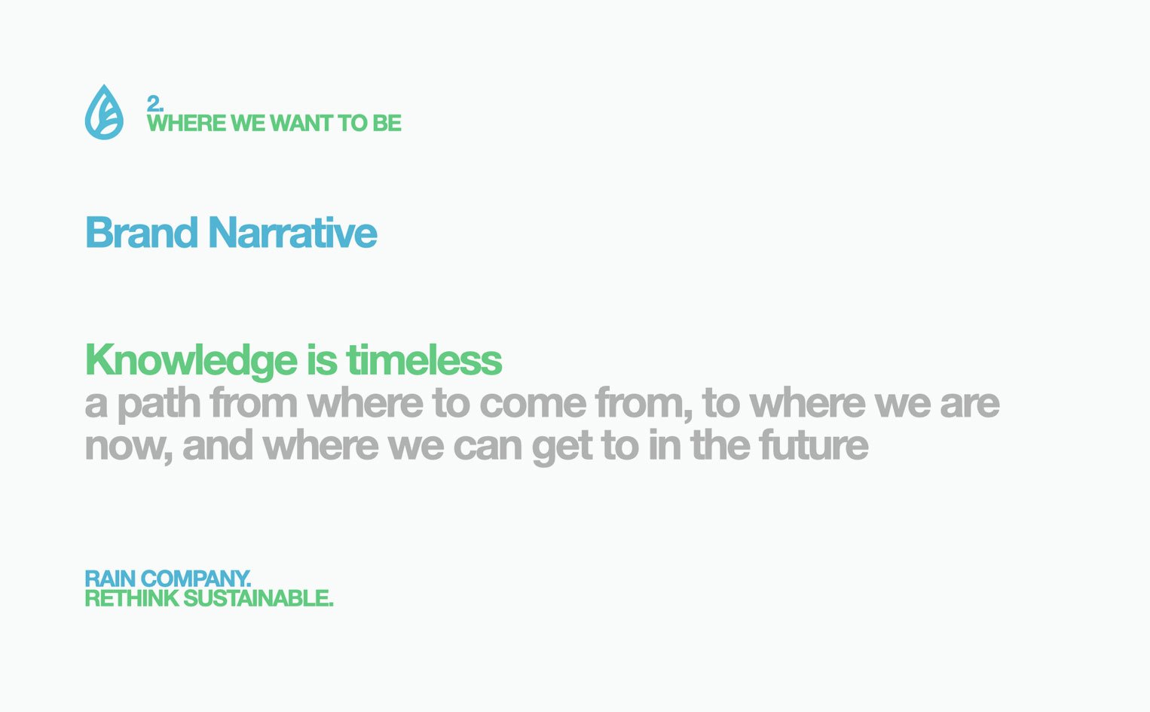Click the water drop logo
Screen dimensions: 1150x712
point(104,112)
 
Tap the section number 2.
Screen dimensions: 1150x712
point(155,104)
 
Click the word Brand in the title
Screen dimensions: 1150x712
point(141,233)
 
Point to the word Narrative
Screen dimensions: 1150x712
point(292,233)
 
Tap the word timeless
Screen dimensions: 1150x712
point(424,360)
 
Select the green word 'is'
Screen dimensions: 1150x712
point(322,360)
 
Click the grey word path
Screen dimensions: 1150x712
point(159,405)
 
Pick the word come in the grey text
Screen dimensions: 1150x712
point(532,404)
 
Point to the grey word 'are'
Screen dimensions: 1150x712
point(970,404)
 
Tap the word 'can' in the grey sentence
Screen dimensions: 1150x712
point(488,447)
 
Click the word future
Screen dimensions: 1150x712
point(814,445)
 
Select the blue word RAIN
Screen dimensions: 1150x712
point(110,579)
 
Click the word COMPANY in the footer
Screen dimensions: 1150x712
point(196,579)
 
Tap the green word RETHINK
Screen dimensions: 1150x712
point(132,598)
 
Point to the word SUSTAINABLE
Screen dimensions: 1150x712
point(258,598)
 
